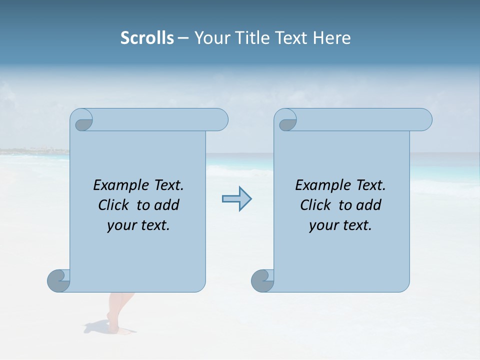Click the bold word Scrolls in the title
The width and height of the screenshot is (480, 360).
coord(147,38)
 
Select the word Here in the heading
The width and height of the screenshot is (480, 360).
coord(332,38)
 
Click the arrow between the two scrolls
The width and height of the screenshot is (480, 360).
coord(236,198)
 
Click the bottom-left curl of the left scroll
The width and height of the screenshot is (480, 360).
coord(59,280)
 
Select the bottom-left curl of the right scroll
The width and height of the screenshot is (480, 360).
coord(262,280)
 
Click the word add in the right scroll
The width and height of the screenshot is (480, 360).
coord(368,205)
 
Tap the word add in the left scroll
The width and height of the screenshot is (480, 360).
coord(166,205)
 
